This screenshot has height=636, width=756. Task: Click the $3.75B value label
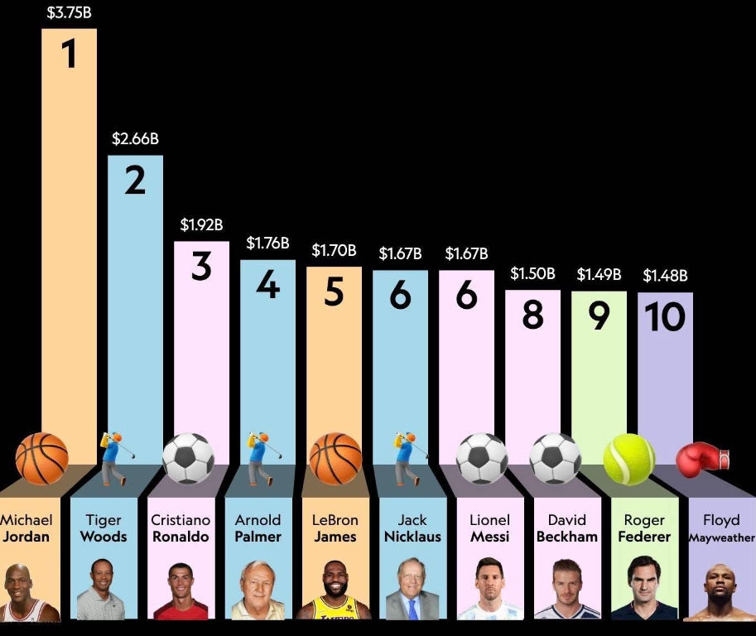pyautogui.click(x=69, y=12)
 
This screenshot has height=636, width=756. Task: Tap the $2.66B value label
pyautogui.click(x=135, y=138)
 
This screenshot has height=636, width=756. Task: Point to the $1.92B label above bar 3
pyautogui.click(x=201, y=224)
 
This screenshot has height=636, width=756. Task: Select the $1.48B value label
pyautogui.click(x=665, y=275)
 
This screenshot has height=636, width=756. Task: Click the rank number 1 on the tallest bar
pyautogui.click(x=69, y=54)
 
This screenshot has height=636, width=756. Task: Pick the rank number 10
pyautogui.click(x=665, y=317)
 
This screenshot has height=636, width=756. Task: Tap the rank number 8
pyautogui.click(x=532, y=316)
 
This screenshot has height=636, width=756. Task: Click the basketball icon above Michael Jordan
pyautogui.click(x=41, y=458)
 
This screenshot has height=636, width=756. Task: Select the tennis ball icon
pyautogui.click(x=628, y=459)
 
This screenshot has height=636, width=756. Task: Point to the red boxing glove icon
pyautogui.click(x=702, y=457)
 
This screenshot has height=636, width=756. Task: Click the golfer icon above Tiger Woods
pyautogui.click(x=112, y=458)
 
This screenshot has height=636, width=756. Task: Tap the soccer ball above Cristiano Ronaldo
pyautogui.click(x=188, y=459)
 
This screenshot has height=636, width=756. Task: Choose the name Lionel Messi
pyautogui.click(x=489, y=528)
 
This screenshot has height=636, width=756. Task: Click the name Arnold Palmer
pyautogui.click(x=258, y=528)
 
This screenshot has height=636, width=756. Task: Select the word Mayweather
pyautogui.click(x=721, y=537)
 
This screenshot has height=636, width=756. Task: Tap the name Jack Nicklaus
pyautogui.click(x=412, y=528)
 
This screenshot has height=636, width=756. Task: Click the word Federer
pyautogui.click(x=644, y=537)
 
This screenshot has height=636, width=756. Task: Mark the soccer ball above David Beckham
pyautogui.click(x=555, y=458)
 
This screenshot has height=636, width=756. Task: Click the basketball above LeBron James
pyautogui.click(x=335, y=459)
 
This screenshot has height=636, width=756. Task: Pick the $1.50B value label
pyautogui.click(x=532, y=273)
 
